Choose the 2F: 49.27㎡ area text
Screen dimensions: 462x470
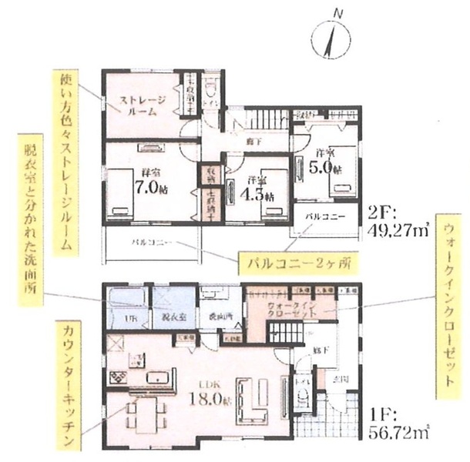(x=398, y=220)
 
